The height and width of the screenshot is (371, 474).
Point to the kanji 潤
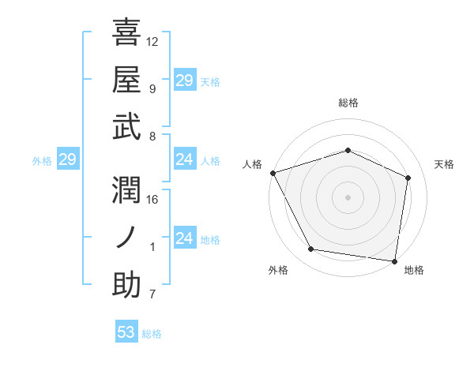point(127,189)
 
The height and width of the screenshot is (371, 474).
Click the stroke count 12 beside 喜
point(152,41)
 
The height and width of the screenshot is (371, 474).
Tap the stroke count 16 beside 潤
point(152,199)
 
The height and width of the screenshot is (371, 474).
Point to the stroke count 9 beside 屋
point(152,88)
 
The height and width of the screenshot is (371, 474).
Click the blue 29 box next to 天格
point(184,80)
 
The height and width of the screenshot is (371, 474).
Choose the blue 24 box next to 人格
point(184,159)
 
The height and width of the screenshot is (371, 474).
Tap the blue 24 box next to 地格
point(184,238)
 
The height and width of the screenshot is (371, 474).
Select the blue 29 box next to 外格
point(67,160)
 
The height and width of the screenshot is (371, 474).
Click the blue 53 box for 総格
point(126,332)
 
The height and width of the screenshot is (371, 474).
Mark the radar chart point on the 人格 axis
point(273,173)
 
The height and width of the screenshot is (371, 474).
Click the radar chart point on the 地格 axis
point(394,260)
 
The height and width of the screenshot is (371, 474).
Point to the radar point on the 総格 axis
point(348,150)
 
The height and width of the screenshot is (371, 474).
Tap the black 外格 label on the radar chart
point(278,271)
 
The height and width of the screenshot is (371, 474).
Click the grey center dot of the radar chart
point(348,197)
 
